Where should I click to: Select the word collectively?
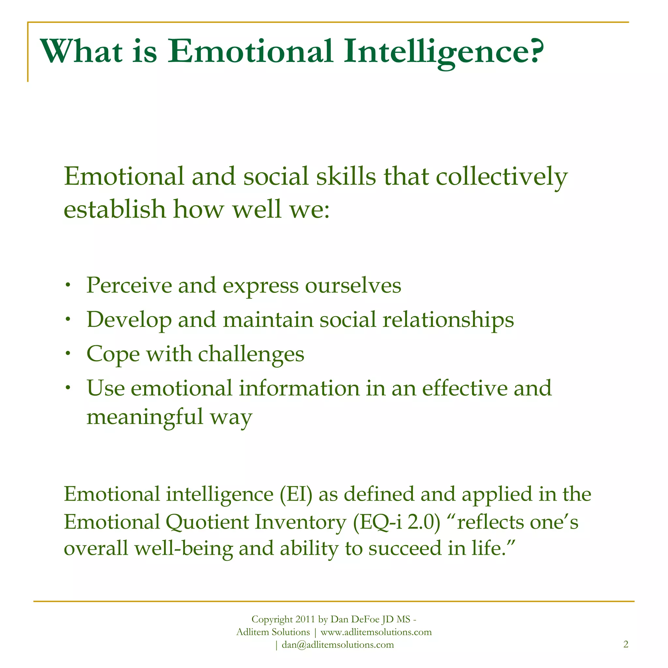501,177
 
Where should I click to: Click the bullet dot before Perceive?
68,285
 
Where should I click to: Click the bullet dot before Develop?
68,319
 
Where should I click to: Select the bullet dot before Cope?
68,353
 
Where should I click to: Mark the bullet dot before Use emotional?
68,387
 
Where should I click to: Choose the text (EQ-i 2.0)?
397,522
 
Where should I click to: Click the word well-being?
183,549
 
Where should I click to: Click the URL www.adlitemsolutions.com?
376,632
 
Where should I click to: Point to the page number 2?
626,644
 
